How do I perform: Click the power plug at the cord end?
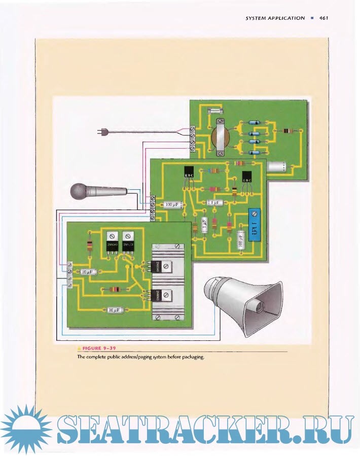[102, 133]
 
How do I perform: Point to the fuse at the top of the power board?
[218, 110]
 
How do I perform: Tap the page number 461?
[324, 18]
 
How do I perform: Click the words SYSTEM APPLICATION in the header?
[275, 18]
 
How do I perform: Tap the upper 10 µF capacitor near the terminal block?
[88, 272]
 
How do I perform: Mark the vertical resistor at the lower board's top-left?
[90, 247]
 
